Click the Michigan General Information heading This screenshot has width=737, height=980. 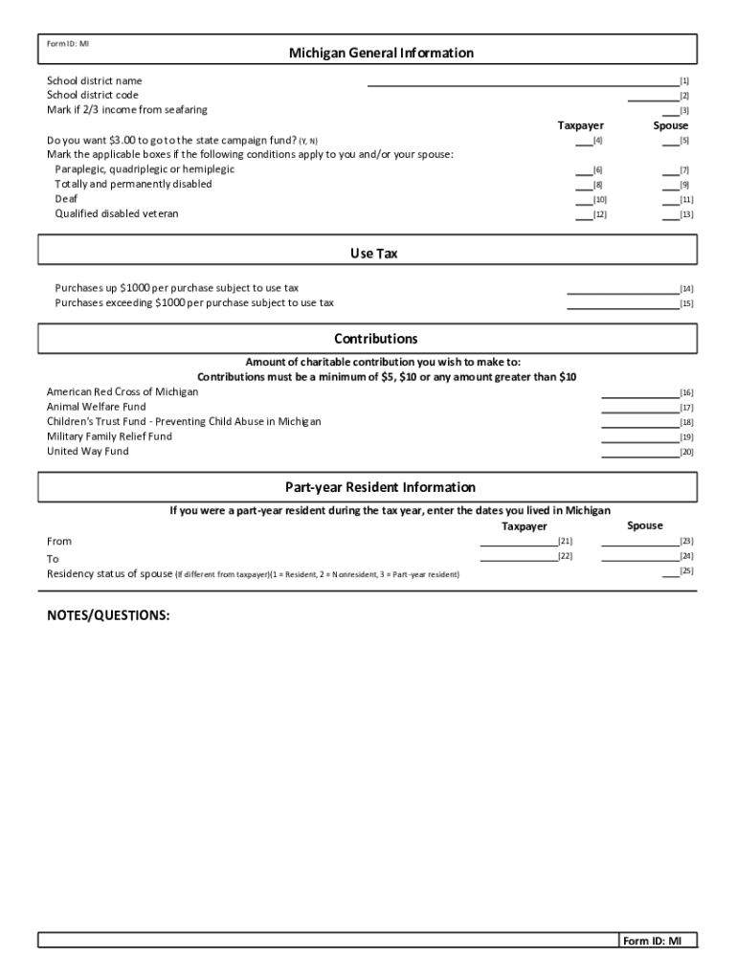(x=381, y=54)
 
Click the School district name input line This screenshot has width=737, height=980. (x=523, y=81)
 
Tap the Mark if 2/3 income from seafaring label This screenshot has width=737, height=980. (x=127, y=110)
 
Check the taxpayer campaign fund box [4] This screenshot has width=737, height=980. (x=583, y=141)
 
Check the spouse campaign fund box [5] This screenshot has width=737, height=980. (x=670, y=141)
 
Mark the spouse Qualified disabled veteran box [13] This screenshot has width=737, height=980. (x=670, y=214)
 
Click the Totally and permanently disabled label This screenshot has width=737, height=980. (x=133, y=184)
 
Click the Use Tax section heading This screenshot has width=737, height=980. (x=373, y=254)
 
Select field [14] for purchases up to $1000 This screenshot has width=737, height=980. (x=622, y=288)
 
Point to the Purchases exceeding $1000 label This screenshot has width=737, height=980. (x=194, y=302)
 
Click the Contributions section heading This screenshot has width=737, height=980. (x=375, y=339)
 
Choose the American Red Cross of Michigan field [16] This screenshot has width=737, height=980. (x=638, y=392)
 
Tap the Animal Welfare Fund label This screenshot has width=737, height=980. (x=97, y=407)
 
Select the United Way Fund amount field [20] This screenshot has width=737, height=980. (x=638, y=452)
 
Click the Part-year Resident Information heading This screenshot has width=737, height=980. (x=380, y=487)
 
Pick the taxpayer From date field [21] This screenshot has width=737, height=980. (x=517, y=541)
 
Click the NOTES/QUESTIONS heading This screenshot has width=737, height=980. (x=108, y=615)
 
